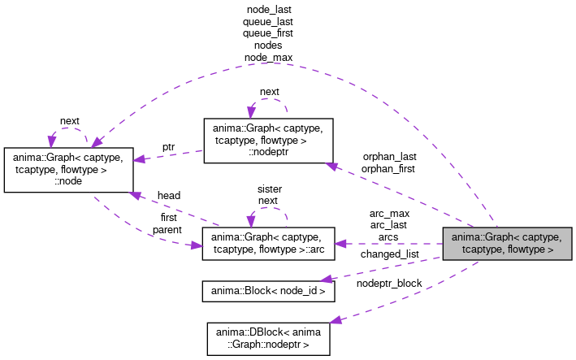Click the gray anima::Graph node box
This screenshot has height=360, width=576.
coord(507,243)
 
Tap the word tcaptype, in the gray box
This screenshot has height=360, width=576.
coord(483,249)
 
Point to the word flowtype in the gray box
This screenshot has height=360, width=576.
coord(526,249)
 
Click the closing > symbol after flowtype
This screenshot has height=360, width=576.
coord(551,249)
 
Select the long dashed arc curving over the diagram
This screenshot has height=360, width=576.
coord(276,63)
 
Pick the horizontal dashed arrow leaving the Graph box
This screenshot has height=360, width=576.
coord(390,244)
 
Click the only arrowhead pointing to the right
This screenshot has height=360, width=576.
coord(197,245)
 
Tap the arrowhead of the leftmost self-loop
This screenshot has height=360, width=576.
coord(52,141)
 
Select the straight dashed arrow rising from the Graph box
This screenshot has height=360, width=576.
coord(398,195)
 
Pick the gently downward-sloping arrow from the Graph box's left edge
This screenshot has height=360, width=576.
coord(382,269)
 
